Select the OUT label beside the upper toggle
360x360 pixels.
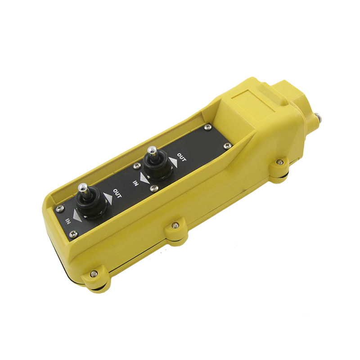point(182,157)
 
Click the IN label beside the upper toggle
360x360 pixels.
point(135,183)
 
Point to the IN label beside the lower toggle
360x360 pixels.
point(68,220)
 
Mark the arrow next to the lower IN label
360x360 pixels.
point(77,215)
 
